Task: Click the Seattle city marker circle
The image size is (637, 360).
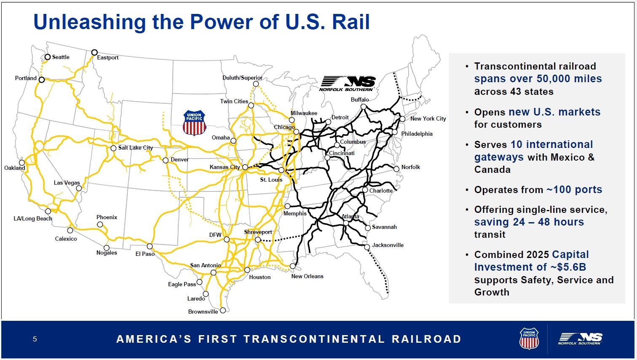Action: tap(48, 57)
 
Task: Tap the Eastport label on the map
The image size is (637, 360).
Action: tap(107, 57)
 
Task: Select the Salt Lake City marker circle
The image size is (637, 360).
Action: tap(113, 148)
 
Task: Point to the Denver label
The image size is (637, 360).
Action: tap(179, 160)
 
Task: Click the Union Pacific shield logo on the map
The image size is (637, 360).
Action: tap(195, 123)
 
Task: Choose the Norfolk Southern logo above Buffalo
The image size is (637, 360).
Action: tap(347, 83)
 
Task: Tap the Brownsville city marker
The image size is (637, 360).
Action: tap(223, 310)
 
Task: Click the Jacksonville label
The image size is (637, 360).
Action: tap(388, 245)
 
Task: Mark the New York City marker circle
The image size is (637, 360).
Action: tap(402, 119)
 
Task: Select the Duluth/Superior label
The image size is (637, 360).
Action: tap(242, 78)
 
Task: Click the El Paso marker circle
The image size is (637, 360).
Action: tap(150, 246)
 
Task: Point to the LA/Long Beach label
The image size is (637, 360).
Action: tap(33, 218)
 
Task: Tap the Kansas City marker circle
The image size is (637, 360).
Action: tap(245, 167)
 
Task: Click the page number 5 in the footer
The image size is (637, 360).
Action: tap(35, 339)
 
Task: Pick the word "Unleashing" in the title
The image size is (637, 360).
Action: tap(90, 22)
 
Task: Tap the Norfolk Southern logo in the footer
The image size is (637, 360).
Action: tap(580, 339)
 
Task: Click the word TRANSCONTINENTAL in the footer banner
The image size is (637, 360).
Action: tap(314, 339)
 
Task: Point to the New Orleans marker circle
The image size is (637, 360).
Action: tap(293, 266)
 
